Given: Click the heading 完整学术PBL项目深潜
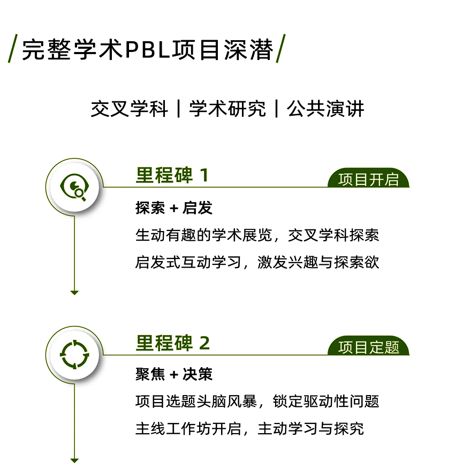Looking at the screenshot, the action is click(148, 49).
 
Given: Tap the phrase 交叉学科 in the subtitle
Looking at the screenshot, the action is click(130, 109).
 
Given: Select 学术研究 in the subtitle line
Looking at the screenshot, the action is click(227, 109).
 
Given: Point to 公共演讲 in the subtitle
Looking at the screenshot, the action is click(325, 109).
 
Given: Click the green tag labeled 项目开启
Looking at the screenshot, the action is click(368, 178).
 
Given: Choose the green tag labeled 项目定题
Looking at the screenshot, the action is click(368, 346).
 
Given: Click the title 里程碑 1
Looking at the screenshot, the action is click(172, 175).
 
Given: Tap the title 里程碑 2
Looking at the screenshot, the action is click(172, 343).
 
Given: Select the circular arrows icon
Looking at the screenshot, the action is click(74, 354).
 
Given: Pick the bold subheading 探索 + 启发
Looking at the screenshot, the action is click(173, 208).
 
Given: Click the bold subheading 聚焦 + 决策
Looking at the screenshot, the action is click(173, 374).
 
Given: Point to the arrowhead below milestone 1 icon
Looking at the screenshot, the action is click(74, 293).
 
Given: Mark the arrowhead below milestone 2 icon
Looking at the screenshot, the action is click(74, 460).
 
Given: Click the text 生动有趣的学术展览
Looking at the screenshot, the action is click(203, 235).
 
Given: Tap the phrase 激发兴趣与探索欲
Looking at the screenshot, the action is click(318, 262).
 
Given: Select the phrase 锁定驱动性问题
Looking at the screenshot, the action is click(326, 401).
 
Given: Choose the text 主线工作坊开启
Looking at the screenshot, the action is click(188, 429).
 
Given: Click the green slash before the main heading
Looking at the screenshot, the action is click(13, 49).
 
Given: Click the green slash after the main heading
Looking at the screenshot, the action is click(280, 49).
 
